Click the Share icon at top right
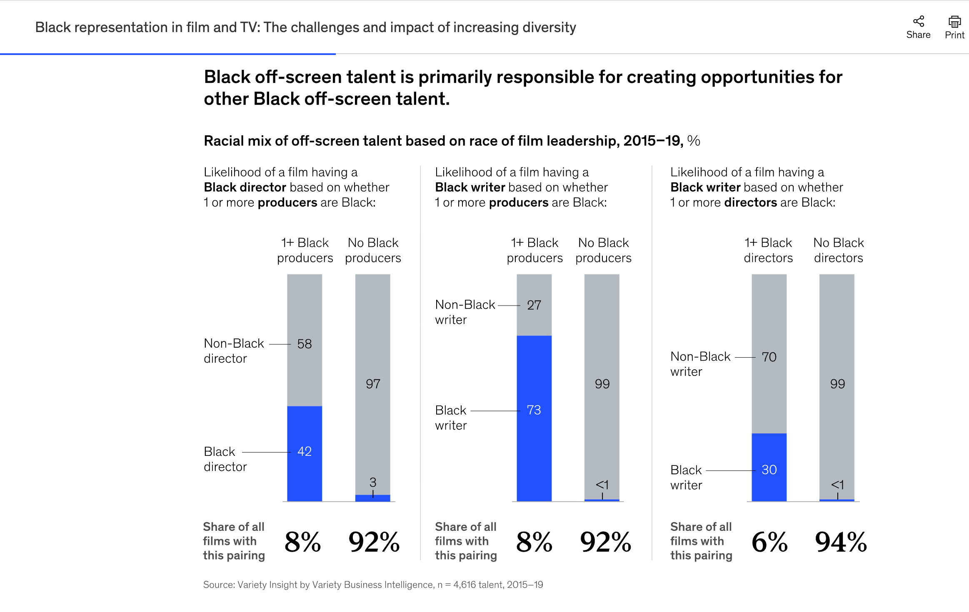click(918, 21)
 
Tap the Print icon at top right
click(954, 21)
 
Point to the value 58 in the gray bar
click(305, 344)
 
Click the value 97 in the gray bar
click(373, 384)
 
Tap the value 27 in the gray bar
click(534, 305)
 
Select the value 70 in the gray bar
click(769, 357)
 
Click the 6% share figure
click(769, 542)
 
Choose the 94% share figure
click(841, 542)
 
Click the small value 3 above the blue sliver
click(373, 482)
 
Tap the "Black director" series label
click(225, 459)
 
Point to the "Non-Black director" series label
click(234, 351)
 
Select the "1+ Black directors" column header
click(768, 250)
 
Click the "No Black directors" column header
click(839, 250)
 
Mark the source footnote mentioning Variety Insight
click(373, 585)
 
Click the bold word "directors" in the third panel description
click(751, 202)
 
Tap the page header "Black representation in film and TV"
click(305, 27)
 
